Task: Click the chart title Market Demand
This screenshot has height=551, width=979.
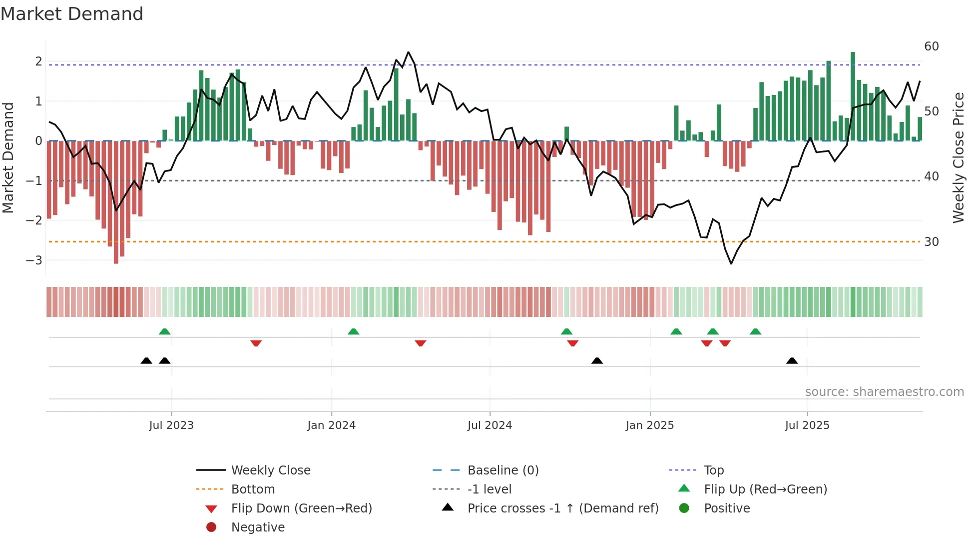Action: tap(72, 13)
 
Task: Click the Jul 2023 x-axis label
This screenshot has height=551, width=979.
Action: tap(171, 425)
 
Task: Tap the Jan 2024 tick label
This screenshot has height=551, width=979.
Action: tap(331, 425)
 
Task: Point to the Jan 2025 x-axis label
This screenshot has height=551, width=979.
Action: tap(649, 425)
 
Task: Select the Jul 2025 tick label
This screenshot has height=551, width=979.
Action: tap(807, 425)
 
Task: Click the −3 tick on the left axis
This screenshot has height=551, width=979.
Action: tap(34, 260)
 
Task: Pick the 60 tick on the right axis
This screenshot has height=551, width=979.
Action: tap(932, 46)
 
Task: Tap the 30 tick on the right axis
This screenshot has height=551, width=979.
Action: tap(932, 242)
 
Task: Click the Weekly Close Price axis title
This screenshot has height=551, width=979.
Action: tap(958, 157)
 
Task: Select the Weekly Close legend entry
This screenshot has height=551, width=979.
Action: tap(270, 470)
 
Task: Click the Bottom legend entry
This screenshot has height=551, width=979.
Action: tap(253, 489)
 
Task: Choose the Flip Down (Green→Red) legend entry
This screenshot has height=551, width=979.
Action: tap(301, 508)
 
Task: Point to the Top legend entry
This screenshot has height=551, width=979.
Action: tap(714, 470)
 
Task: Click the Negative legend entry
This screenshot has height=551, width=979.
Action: tap(258, 527)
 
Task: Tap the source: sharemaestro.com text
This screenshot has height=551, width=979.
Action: tap(884, 392)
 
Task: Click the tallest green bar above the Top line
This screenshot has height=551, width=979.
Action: tap(853, 95)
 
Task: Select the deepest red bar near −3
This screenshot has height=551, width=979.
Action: tap(116, 200)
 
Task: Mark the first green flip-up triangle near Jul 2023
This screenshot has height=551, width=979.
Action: tap(164, 331)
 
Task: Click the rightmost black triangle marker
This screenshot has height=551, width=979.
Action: tap(792, 360)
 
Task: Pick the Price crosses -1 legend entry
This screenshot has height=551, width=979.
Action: tap(562, 508)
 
